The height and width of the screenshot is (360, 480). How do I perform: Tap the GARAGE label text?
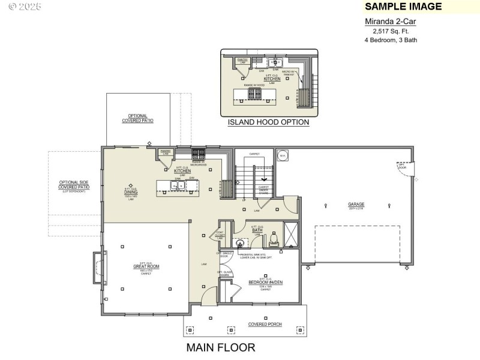coord(356,205)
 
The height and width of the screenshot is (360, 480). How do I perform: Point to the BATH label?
coord(257,230)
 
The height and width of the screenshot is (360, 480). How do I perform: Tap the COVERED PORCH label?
coord(265,325)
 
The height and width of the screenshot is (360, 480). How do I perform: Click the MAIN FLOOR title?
coord(220,347)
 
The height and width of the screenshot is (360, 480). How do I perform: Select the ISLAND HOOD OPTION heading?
coord(268,122)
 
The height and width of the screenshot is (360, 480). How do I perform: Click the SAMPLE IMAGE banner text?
coord(403,7)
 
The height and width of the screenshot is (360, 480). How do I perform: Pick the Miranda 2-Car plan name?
coord(391,21)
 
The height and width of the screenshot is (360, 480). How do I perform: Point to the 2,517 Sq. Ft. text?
coord(391,31)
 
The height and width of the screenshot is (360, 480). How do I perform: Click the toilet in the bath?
coord(274,240)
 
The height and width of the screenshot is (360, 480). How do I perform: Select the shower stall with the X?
coord(292,235)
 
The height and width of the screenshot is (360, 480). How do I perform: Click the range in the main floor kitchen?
coord(199,154)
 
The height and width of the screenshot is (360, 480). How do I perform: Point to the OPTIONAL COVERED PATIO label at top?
coord(137,118)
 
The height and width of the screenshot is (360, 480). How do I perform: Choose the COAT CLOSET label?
coord(220,234)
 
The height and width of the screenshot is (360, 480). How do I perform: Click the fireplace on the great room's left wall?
coord(97,268)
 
